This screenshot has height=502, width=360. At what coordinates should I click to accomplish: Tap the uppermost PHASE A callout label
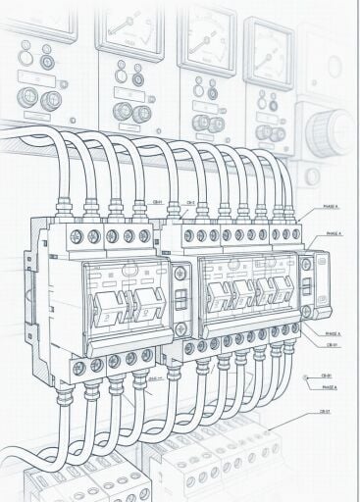click(x=331, y=208)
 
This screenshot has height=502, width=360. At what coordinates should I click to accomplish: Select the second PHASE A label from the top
click(x=334, y=234)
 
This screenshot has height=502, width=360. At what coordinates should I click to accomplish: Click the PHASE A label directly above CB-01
click(x=332, y=333)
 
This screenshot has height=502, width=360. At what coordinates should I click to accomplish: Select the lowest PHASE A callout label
click(x=330, y=387)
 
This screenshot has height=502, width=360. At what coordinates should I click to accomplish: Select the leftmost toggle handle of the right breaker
click(x=217, y=291)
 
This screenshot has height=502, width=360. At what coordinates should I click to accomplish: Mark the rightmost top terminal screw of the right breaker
click(x=295, y=235)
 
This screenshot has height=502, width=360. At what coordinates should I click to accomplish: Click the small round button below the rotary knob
click(x=312, y=177)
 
